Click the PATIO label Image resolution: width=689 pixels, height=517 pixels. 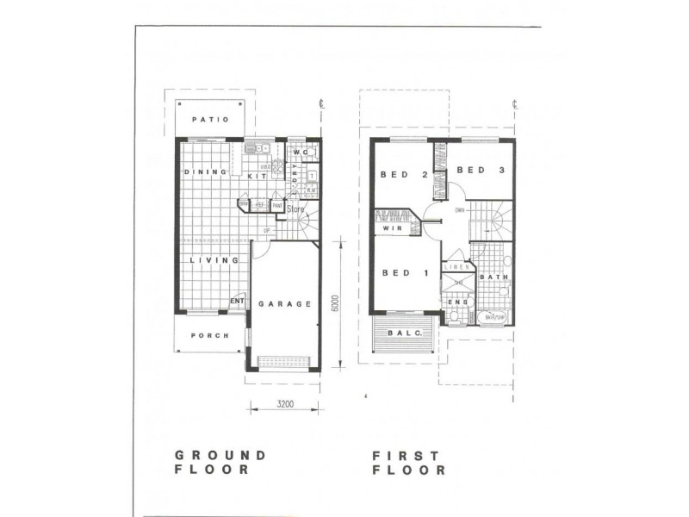coord(210,119)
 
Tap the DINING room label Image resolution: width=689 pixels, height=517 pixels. coord(205,172)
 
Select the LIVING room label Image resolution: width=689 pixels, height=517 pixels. coord(214,259)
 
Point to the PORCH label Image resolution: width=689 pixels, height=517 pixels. coord(210,335)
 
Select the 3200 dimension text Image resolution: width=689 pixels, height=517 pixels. coord(287,403)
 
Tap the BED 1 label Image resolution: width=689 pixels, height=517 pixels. coord(404,273)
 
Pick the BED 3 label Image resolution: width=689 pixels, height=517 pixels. coord(478,171)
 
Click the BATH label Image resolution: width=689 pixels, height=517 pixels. coord(493,277)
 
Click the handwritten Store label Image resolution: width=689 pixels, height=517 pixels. coord(297,209)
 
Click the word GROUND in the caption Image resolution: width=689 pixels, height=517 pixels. coord(220,455)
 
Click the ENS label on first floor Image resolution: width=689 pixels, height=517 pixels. coord(458,302)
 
